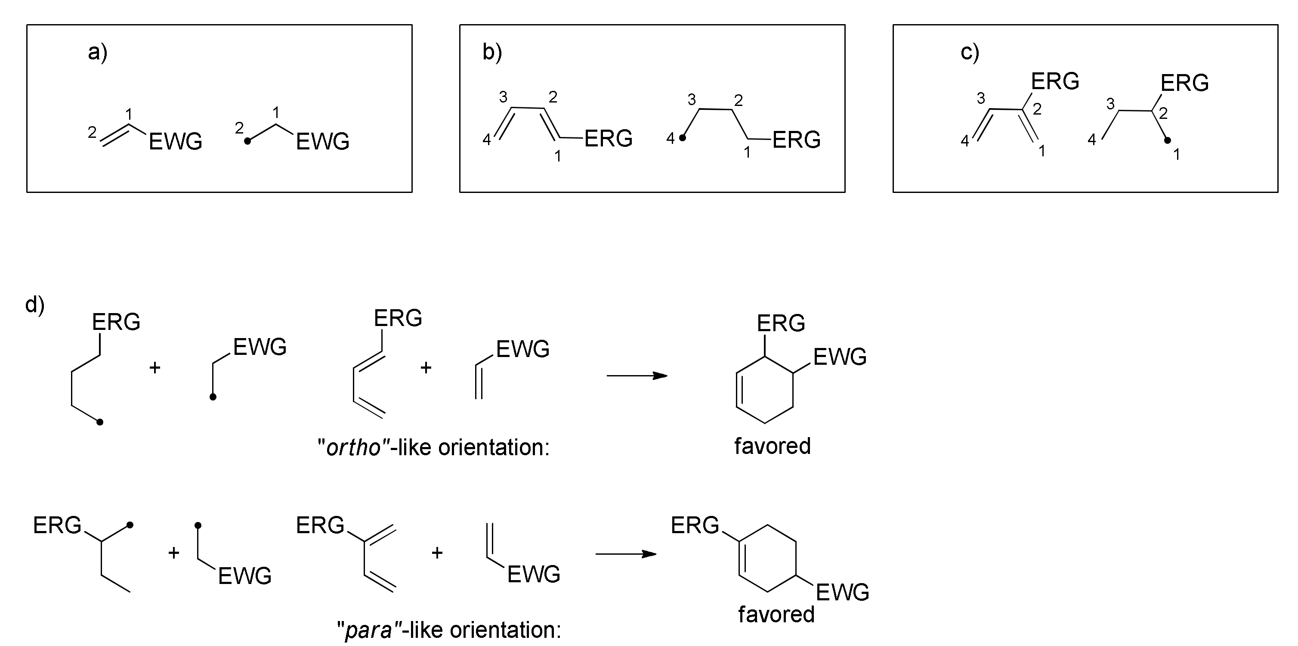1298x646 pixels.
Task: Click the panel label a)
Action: coord(97,52)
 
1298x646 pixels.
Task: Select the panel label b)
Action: coord(492,52)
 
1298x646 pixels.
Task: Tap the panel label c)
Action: coord(970,52)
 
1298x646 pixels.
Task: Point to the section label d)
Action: coord(35,304)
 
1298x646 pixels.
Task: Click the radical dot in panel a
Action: coord(247,142)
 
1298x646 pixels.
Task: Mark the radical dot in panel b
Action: coord(683,138)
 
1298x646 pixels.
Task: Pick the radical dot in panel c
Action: coord(1168,141)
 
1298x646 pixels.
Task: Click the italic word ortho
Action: coord(353,447)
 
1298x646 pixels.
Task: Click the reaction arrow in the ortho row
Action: coord(637,376)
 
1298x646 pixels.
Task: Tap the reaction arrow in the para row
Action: coord(626,554)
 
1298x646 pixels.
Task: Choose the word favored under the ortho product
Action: coord(773,446)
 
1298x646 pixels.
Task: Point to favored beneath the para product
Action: coord(776,614)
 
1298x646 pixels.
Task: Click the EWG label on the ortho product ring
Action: coord(840,357)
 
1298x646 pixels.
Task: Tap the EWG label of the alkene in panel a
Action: coord(175,142)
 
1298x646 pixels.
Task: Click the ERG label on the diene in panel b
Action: coord(608,139)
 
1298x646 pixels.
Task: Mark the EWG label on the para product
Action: coord(843,592)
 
